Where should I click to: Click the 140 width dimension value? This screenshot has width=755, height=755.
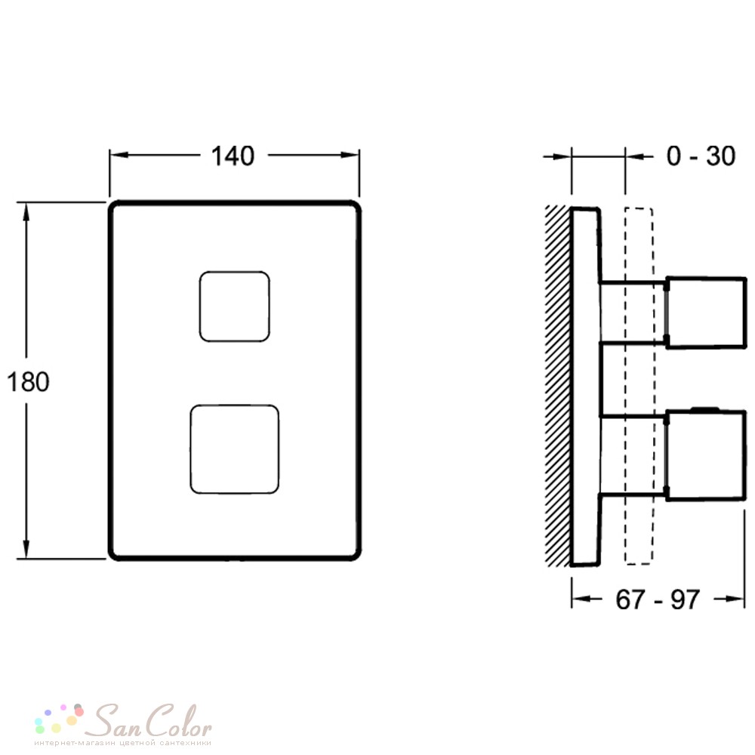(x=233, y=156)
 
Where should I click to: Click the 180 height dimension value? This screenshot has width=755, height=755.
(x=28, y=382)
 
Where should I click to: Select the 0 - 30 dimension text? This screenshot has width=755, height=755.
(x=701, y=156)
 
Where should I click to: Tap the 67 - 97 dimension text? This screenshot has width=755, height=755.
(x=658, y=599)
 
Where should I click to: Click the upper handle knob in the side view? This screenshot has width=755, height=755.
(x=705, y=312)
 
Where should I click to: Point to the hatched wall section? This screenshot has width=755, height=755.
(x=558, y=386)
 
